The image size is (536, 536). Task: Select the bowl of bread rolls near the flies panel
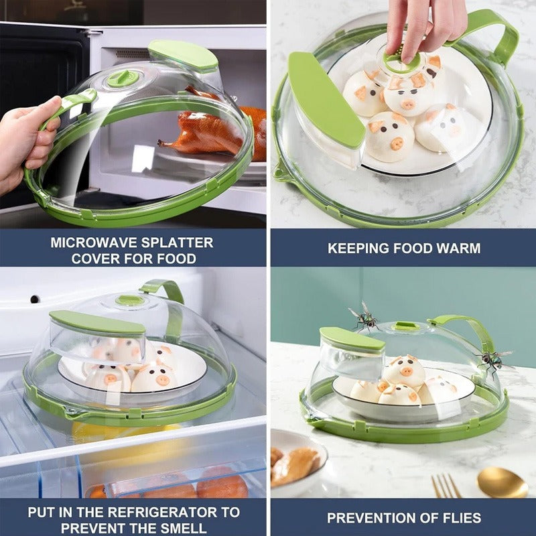coord(298,462)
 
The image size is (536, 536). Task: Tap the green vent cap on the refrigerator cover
coord(130,300)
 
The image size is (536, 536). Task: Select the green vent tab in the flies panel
coord(408,326)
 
